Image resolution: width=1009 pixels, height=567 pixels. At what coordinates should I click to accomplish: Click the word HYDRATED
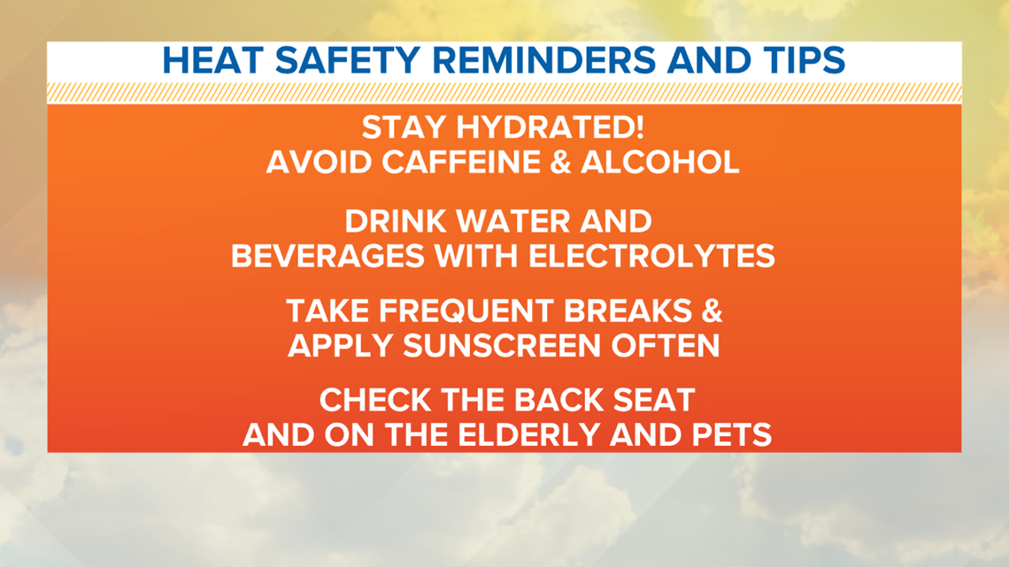pyautogui.click(x=551, y=127)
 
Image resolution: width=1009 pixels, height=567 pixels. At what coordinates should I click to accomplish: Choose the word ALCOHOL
pyautogui.click(x=660, y=162)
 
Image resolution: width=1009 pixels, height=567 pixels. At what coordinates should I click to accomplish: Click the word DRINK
pyautogui.click(x=395, y=222)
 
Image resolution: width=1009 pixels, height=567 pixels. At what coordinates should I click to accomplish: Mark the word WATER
pyautogui.click(x=512, y=222)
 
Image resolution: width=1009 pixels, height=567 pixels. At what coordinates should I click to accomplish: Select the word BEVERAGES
pyautogui.click(x=328, y=257)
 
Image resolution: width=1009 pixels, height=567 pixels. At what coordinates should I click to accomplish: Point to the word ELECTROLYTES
pyautogui.click(x=651, y=257)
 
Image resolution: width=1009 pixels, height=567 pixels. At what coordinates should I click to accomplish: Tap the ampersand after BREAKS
pyautogui.click(x=712, y=311)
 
